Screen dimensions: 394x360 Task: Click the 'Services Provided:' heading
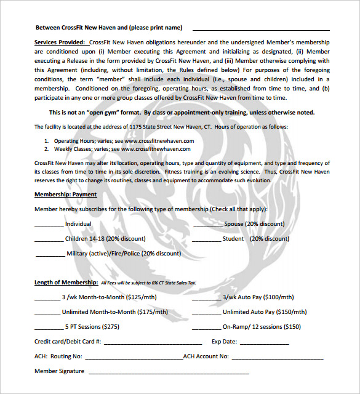60,42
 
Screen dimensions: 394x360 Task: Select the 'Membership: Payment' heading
65,194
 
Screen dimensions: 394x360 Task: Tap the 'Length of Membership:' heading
66,282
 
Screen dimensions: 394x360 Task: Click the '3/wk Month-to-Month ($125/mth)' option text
109,297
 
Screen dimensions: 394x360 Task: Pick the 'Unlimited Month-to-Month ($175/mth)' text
115,312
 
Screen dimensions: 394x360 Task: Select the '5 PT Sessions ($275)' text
92,326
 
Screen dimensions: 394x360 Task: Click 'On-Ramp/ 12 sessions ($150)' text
262,326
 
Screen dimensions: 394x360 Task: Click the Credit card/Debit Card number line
153,343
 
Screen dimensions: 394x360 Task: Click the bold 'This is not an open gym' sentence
182,113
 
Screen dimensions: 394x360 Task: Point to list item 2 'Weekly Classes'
123,148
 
